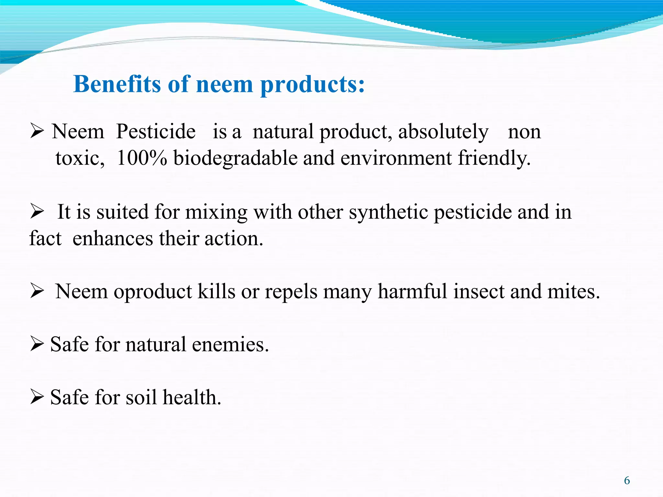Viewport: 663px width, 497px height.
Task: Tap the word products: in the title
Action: pos(313,85)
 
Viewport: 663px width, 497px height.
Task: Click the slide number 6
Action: pos(627,480)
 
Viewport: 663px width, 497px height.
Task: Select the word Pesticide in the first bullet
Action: pos(156,132)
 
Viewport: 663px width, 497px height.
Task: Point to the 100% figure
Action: pos(142,158)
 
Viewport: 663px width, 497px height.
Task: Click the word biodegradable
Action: pos(235,159)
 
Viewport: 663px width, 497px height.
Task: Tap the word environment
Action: pos(396,158)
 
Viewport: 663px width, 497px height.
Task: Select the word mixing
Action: pos(216,213)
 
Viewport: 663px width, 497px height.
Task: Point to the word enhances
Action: pos(113,239)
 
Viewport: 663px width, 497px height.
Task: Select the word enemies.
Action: pos(230,344)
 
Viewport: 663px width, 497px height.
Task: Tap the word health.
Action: pos(192,397)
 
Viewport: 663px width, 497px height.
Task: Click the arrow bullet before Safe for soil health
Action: pos(37,397)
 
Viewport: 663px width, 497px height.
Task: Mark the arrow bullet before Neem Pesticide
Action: pos(37,131)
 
